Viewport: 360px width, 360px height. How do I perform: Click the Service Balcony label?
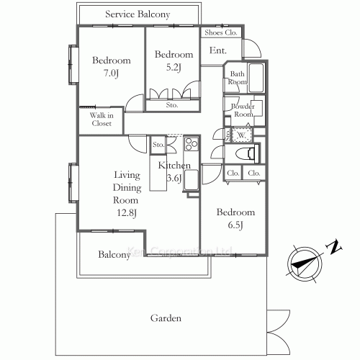click(x=138, y=14)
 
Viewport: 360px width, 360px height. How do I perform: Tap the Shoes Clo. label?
click(x=221, y=32)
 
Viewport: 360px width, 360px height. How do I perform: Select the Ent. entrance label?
click(x=217, y=50)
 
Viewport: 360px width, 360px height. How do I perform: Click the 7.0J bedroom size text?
click(x=111, y=73)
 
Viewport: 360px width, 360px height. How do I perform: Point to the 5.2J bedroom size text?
click(x=174, y=68)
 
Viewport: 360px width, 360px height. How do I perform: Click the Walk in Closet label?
click(x=101, y=120)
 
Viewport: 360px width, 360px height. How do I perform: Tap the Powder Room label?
click(x=242, y=110)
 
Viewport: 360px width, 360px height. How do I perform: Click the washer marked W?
click(x=240, y=134)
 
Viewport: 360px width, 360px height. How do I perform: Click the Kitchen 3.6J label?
click(x=174, y=171)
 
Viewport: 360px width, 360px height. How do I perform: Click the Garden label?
click(x=165, y=318)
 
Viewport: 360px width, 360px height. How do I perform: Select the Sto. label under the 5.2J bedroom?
click(x=171, y=105)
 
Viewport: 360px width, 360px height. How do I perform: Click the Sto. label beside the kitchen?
click(x=158, y=145)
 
